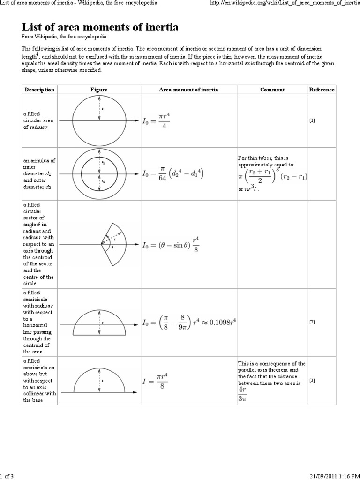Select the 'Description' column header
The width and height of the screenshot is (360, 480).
pyautogui.click(x=39, y=90)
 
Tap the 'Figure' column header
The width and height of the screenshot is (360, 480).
pyautogui.click(x=99, y=90)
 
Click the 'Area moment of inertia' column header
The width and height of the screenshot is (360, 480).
pyautogui.click(x=188, y=90)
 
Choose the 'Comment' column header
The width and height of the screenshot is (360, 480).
pyautogui.click(x=272, y=90)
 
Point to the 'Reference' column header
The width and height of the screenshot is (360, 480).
pyautogui.click(x=322, y=90)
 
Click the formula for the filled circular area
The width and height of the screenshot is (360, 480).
pyautogui.click(x=157, y=121)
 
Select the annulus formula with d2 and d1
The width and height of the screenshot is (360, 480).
pyautogui.click(x=173, y=174)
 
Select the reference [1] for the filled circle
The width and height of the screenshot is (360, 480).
pyautogui.click(x=312, y=120)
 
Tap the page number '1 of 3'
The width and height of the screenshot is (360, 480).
pyautogui.click(x=7, y=476)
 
